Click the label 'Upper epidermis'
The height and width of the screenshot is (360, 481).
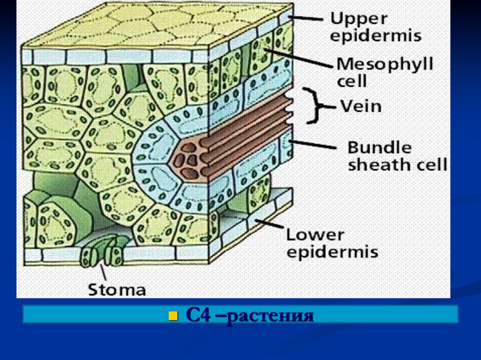pos(375,27)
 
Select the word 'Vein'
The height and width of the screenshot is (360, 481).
pos(361,106)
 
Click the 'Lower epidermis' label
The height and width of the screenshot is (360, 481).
pos(332,243)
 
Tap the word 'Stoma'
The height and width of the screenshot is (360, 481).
pos(117,289)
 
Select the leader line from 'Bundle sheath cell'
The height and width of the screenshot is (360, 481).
pos(315,144)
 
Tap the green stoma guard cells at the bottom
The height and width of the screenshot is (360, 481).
pos(101,253)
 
